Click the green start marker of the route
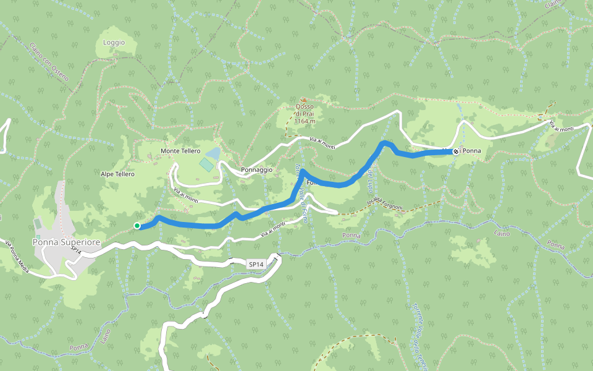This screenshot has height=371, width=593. click(x=137, y=226)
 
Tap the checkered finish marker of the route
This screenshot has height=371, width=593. click(x=456, y=151)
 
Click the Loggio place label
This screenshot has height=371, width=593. click(x=114, y=43)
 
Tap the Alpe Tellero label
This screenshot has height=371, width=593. click(x=117, y=174)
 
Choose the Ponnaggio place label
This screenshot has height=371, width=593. click(x=257, y=169)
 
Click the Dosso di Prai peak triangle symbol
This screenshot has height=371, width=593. click(x=303, y=100)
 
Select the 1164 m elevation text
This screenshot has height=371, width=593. click(x=305, y=121)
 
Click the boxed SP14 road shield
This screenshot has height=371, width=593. click(x=256, y=264)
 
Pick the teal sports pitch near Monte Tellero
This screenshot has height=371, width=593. click(x=206, y=164)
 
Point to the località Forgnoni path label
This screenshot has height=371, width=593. click(x=384, y=203)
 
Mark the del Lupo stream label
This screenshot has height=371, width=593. click(x=370, y=179)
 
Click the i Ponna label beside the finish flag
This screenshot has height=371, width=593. click(x=471, y=151)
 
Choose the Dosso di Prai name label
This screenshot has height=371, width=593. click(x=305, y=110)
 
